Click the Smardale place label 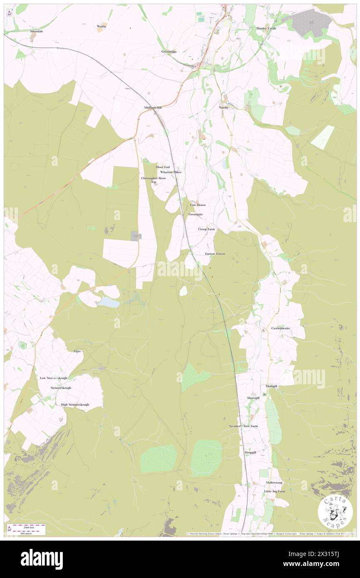36,31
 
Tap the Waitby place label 101,26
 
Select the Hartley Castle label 266,28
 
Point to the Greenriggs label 169,52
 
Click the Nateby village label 224,107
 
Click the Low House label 198,205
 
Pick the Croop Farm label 207,229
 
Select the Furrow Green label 215,254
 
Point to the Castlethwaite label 281,328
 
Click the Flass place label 77,351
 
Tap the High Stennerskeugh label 75,405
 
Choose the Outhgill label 271,386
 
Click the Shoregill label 253,398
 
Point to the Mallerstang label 274,482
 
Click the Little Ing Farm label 275,491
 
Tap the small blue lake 108,303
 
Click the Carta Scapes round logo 335,512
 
